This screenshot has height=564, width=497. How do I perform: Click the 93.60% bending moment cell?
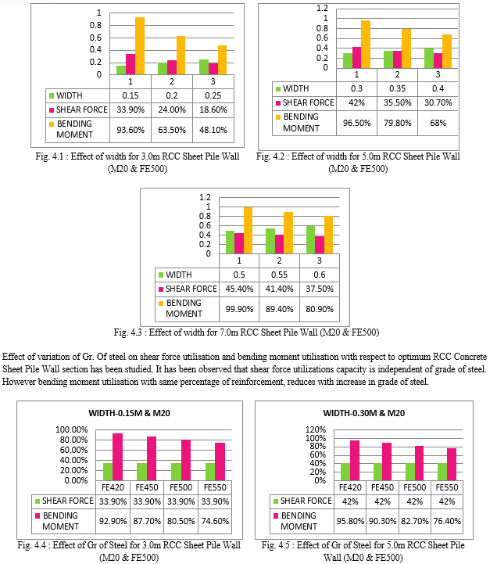131,130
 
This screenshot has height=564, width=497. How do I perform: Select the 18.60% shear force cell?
213,110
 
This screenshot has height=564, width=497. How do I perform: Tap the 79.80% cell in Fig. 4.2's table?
397,123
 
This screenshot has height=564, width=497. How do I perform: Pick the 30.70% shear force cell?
438,103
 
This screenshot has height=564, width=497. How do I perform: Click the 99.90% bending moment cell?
239,309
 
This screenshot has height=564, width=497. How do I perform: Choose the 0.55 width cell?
279,275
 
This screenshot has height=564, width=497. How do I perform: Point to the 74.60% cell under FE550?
215,521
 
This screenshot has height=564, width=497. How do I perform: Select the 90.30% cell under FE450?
382,521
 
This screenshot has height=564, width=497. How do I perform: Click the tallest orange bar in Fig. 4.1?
140,46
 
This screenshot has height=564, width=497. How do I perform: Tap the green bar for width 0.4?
429,58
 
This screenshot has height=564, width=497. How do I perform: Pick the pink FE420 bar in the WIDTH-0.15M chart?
117,457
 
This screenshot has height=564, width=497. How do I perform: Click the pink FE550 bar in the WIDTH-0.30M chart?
452,465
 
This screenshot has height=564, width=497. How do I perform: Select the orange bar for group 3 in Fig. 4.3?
328,235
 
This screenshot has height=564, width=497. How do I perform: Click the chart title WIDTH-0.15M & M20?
130,413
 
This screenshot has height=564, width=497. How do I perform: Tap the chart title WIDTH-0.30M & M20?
363,413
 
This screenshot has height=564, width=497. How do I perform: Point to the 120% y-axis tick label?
316,429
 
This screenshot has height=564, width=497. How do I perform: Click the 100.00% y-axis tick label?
72,429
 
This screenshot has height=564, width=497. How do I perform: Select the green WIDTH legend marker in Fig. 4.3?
161,275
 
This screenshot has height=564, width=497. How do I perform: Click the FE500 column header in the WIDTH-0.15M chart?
181,488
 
